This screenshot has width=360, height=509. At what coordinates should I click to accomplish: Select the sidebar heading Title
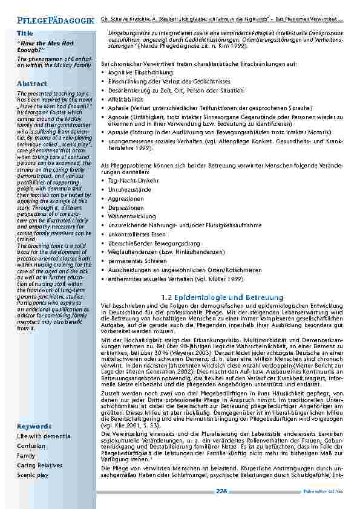pyautogui.click(x=25, y=33)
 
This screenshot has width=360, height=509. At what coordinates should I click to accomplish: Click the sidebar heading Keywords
pyautogui.click(x=34, y=426)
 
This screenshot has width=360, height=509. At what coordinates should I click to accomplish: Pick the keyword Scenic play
pyautogui.click(x=33, y=475)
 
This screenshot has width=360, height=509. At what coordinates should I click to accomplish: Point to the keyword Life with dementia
pyautogui.click(x=44, y=436)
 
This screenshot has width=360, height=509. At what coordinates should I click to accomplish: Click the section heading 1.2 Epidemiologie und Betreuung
pyautogui.click(x=223, y=297)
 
